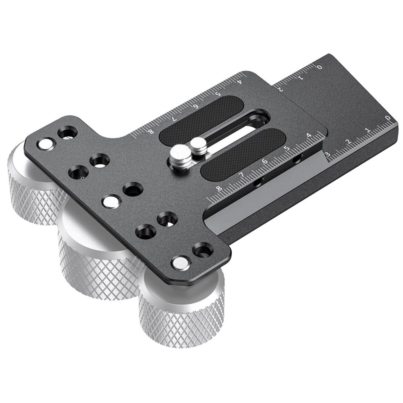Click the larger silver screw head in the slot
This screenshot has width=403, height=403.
point(180,154)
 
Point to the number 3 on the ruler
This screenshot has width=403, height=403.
point(328,155)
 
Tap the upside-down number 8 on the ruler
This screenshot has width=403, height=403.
point(152,132)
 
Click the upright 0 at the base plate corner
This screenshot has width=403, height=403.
point(388,118)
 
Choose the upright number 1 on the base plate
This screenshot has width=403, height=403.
point(368,131)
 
